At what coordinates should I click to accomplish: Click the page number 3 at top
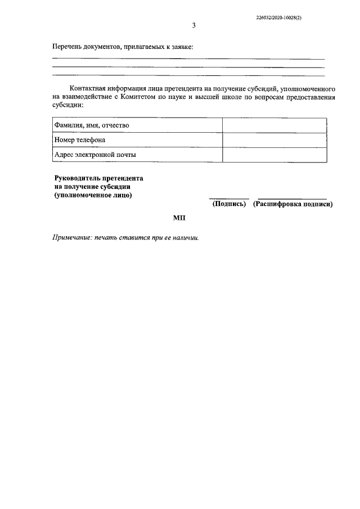(x=193, y=25)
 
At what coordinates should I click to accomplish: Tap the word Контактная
(x=90, y=89)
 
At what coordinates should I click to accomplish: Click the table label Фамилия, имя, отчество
(x=92, y=125)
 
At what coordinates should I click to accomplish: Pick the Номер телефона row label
(x=79, y=139)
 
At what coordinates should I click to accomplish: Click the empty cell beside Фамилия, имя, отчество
(x=274, y=125)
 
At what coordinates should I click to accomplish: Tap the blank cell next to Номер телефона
(x=274, y=140)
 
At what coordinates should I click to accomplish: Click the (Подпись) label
(x=229, y=204)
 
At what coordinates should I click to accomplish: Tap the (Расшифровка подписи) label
(x=292, y=204)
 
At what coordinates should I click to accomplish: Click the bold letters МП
(x=179, y=218)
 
